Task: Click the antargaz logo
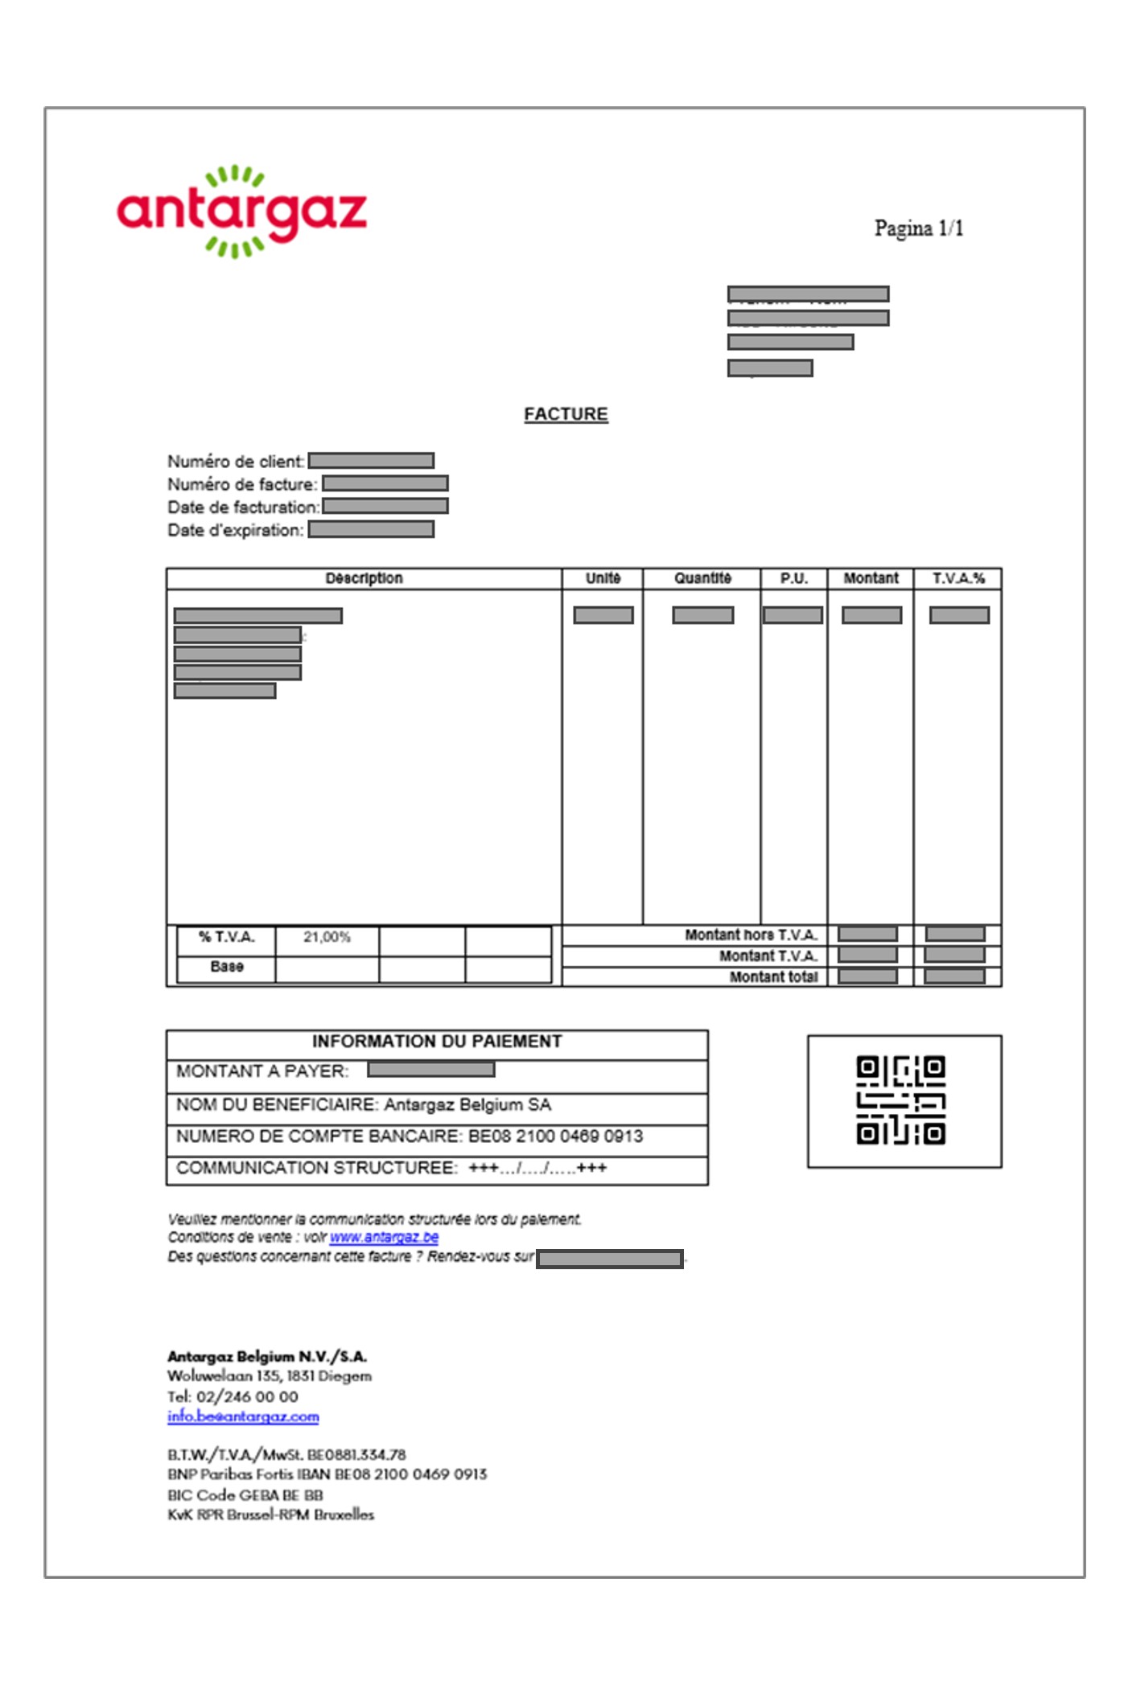pyautogui.click(x=241, y=212)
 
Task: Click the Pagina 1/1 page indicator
pyautogui.click(x=918, y=228)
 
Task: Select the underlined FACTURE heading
pyautogui.click(x=566, y=414)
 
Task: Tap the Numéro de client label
pyautogui.click(x=235, y=462)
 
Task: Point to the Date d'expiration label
pyautogui.click(x=235, y=531)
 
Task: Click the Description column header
pyautogui.click(x=364, y=578)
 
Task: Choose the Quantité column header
pyautogui.click(x=702, y=578)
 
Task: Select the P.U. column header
pyautogui.click(x=793, y=578)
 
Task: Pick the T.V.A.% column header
pyautogui.click(x=957, y=578)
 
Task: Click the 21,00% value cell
pyautogui.click(x=327, y=937)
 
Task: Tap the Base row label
pyautogui.click(x=226, y=967)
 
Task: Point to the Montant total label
pyautogui.click(x=773, y=977)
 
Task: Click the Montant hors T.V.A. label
pyautogui.click(x=751, y=935)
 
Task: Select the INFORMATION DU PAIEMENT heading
pyautogui.click(x=437, y=1042)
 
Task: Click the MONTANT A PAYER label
pyautogui.click(x=262, y=1071)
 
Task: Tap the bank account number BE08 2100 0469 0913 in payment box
pyautogui.click(x=555, y=1136)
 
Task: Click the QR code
pyautogui.click(x=900, y=1100)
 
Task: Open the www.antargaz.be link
pyautogui.click(x=384, y=1237)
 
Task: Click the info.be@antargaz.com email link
pyautogui.click(x=243, y=1416)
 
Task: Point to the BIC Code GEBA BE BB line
pyautogui.click(x=245, y=1495)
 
